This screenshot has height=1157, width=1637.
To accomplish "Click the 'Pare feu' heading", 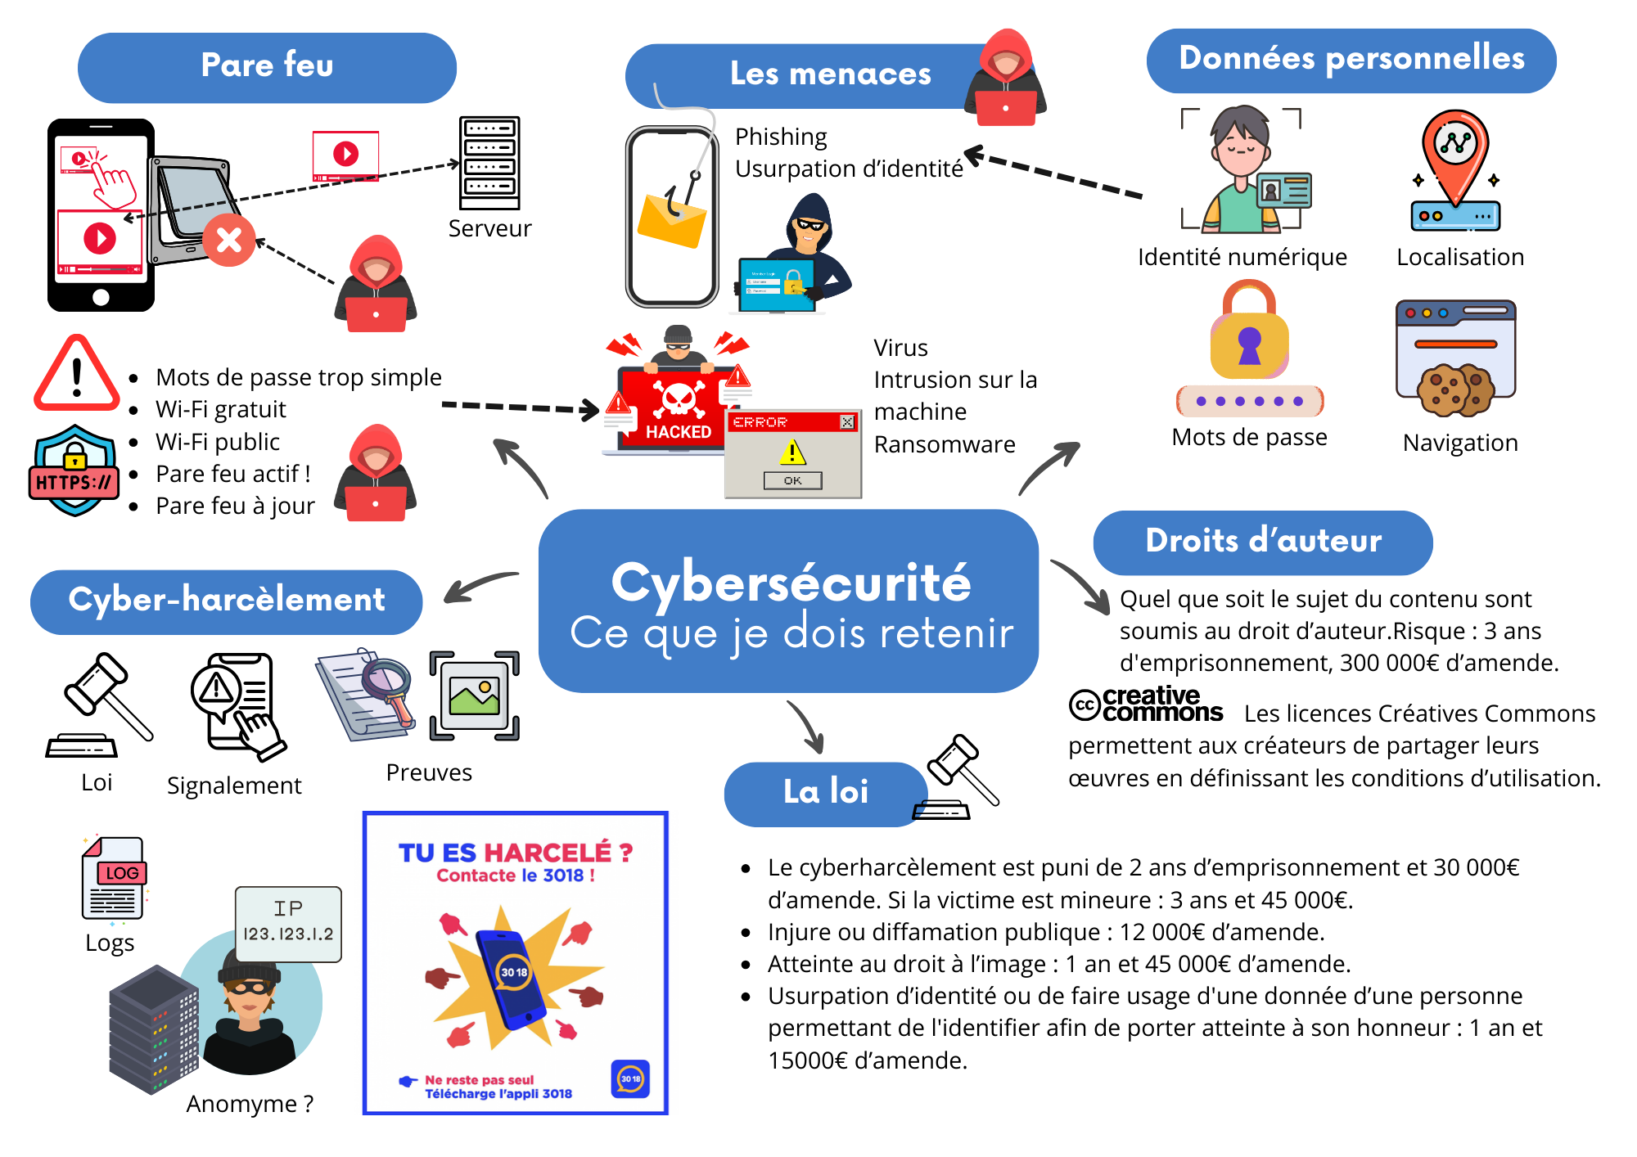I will click(267, 66).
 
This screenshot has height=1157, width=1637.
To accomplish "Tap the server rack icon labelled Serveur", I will click(489, 164).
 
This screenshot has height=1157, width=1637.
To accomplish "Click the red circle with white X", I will click(229, 240).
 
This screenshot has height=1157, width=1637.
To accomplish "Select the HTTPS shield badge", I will click(74, 471).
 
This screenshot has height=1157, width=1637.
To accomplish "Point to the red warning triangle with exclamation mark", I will click(76, 375).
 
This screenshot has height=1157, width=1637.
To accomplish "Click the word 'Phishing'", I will click(781, 137).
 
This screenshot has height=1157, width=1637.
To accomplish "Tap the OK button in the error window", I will click(792, 480).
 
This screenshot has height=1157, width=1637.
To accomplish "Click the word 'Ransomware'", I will click(945, 444).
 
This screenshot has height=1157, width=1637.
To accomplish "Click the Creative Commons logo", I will click(1146, 705).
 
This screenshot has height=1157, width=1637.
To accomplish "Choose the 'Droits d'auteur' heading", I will click(1263, 541).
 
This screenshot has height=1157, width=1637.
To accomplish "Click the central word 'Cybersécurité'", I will click(791, 583).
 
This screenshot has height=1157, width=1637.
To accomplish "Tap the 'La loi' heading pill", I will click(825, 792).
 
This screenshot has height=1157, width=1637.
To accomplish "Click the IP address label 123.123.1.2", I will click(288, 933).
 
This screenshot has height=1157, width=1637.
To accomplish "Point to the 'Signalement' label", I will click(234, 786).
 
